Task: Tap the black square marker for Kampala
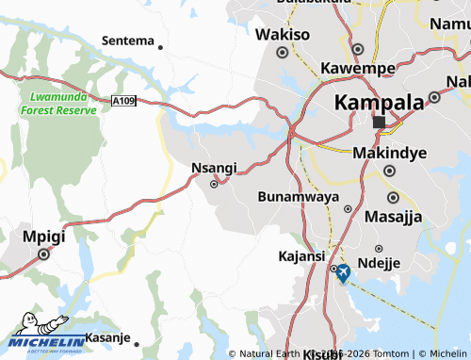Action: coord(379,123)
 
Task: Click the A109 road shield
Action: coord(122,101)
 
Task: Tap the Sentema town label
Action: coord(127,41)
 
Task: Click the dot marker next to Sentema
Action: coord(161,47)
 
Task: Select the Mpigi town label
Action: coord(42,236)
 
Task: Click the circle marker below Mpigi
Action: coord(43,254)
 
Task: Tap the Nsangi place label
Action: coord(214,168)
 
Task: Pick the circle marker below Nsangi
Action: coord(214,185)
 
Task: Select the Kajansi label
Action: coord(301,256)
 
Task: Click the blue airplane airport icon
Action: coord(342,273)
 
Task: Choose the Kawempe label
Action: coord(357,69)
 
